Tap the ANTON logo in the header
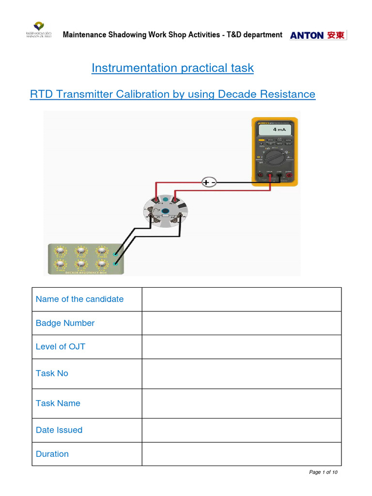318,35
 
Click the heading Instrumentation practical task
172,68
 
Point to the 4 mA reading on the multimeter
279,130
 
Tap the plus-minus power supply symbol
209,182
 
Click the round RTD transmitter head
165,212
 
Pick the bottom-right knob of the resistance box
101,264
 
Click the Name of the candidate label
79,299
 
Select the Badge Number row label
65,323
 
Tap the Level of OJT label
60,346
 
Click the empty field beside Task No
241,373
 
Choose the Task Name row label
58,403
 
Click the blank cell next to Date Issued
241,430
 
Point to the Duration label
52,454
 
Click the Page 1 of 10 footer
323,472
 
